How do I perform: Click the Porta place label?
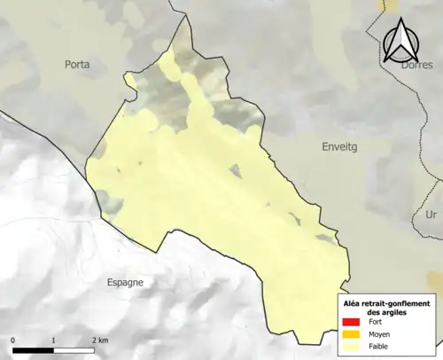[78, 64]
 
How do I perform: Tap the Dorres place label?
[416, 64]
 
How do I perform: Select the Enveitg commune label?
[338, 153]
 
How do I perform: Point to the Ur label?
[431, 215]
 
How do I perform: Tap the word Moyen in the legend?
[381, 334]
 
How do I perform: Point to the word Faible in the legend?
[380, 347]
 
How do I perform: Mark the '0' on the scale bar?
[13, 340]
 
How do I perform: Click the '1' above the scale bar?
[54, 340]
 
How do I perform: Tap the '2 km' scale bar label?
[99, 340]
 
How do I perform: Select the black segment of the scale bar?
[34, 350]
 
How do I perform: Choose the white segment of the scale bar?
[74, 350]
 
